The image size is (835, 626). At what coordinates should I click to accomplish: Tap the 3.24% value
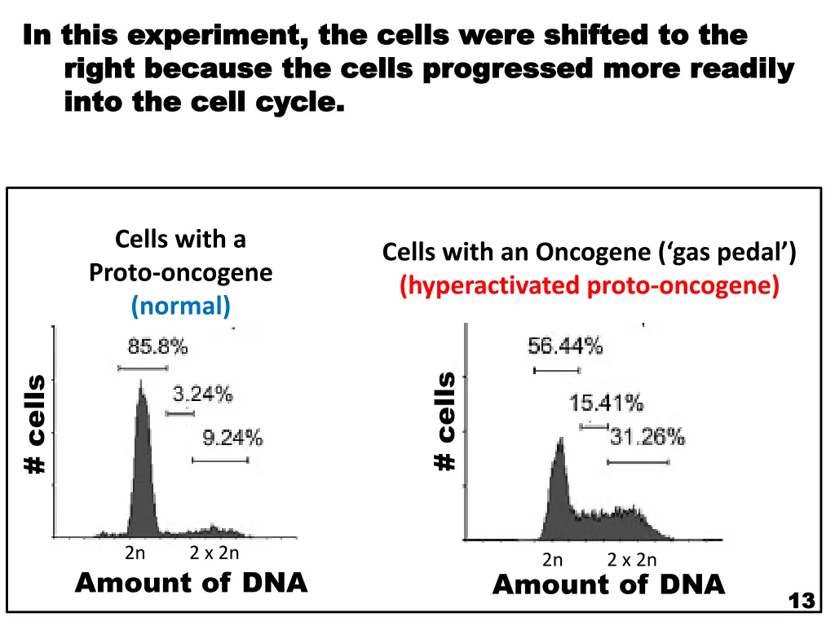(x=202, y=395)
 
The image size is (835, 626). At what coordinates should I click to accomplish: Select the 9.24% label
(x=232, y=439)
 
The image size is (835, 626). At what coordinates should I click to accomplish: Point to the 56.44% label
(x=565, y=346)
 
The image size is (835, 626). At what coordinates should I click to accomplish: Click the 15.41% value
(x=606, y=403)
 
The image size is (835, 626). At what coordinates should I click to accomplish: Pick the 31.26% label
(x=647, y=438)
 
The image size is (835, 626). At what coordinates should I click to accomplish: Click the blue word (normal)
(x=181, y=306)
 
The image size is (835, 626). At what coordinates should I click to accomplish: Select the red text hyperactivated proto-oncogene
(x=590, y=286)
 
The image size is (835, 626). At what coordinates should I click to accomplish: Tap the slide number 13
(x=802, y=601)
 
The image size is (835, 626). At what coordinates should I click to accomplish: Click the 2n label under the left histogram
(x=135, y=553)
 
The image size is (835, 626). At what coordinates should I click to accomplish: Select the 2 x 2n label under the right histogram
(x=632, y=560)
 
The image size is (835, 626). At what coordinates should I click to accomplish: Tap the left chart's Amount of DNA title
(x=191, y=583)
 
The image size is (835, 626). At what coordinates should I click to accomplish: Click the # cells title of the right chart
(x=445, y=421)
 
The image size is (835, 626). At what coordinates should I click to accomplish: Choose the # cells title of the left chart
(x=35, y=423)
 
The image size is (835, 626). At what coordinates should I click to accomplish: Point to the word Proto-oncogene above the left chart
(x=181, y=273)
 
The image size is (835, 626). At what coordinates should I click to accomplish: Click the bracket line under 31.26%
(x=638, y=462)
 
